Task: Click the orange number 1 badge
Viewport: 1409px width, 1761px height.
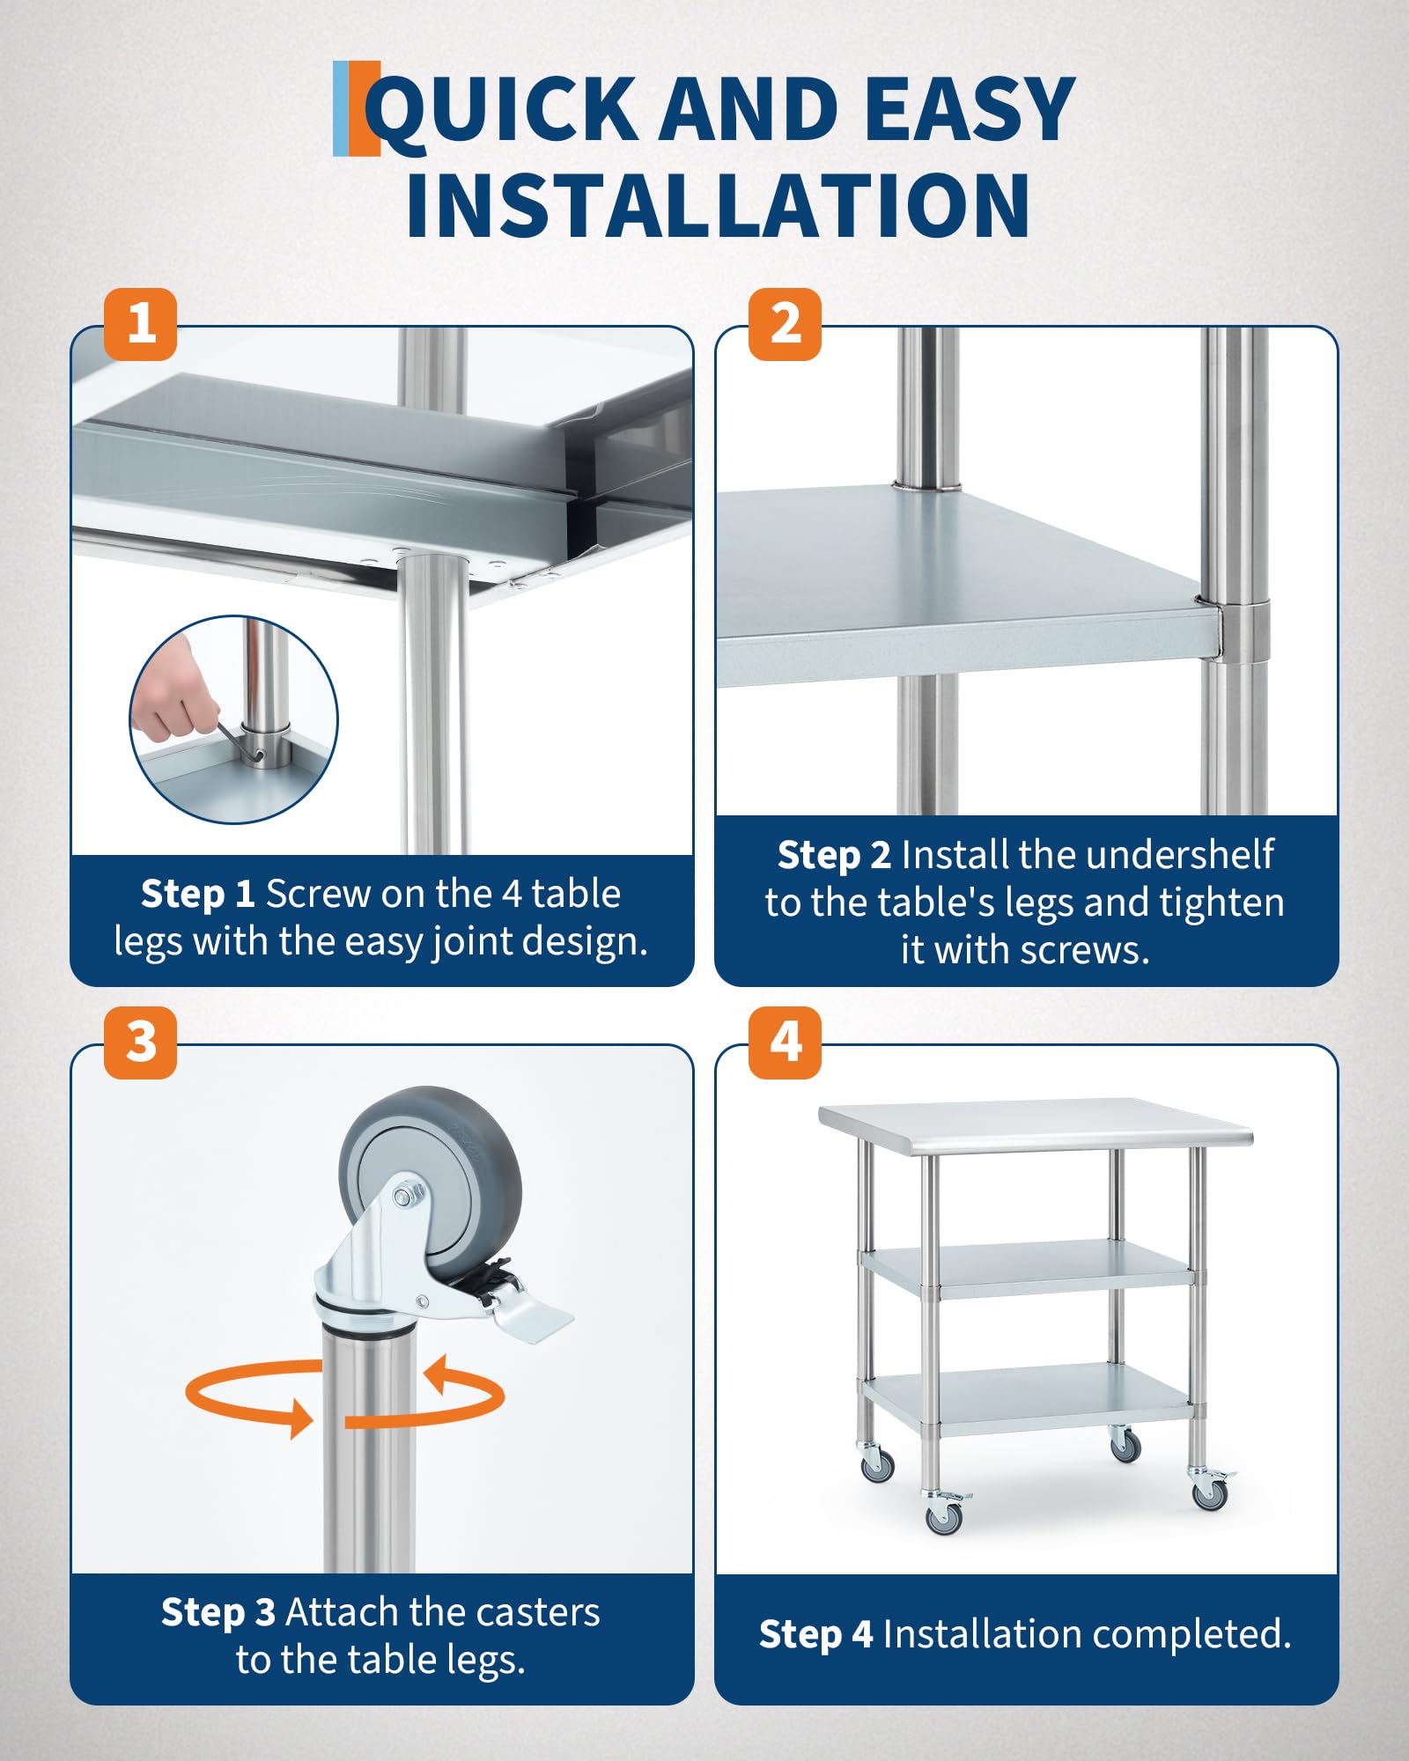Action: click(x=141, y=324)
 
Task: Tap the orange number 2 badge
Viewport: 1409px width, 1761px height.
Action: click(x=785, y=324)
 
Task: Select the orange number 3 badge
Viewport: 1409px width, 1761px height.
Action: click(x=141, y=1043)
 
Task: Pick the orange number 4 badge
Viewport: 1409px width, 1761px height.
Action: click(x=785, y=1043)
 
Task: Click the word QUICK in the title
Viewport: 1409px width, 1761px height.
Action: click(x=501, y=110)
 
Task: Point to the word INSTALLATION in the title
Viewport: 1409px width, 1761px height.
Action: click(x=718, y=205)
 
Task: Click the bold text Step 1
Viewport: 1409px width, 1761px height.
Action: click(x=198, y=895)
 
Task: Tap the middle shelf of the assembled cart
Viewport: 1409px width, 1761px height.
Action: click(x=1027, y=1268)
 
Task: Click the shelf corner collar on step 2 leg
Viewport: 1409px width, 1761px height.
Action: click(x=1244, y=630)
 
